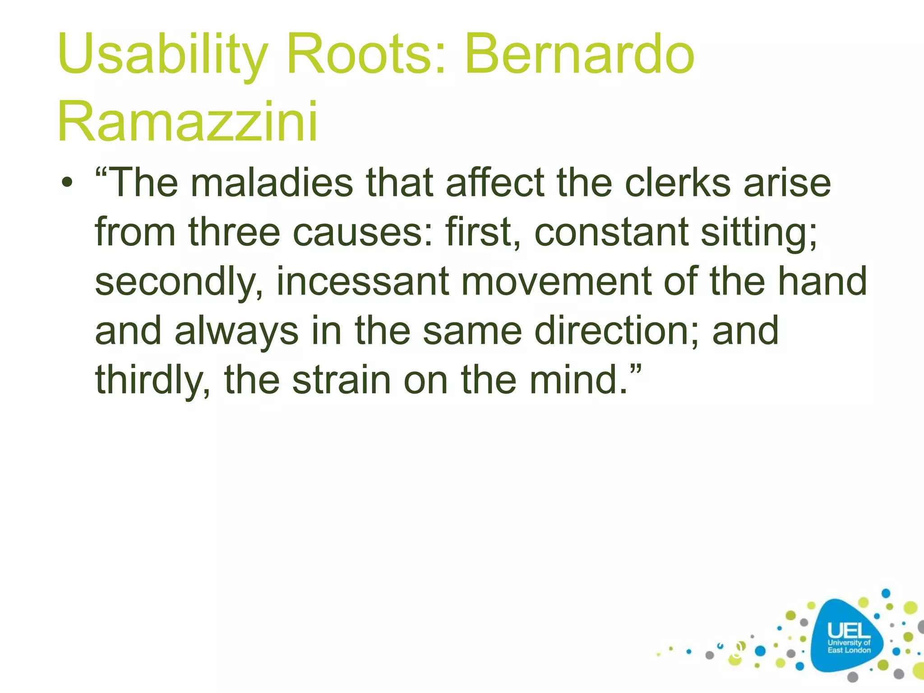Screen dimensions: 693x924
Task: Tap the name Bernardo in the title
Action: click(579, 55)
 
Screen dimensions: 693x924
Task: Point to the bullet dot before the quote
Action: click(67, 184)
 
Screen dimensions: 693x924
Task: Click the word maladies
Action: click(272, 183)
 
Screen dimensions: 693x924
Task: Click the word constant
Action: click(611, 232)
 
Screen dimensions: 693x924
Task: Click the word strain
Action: click(341, 380)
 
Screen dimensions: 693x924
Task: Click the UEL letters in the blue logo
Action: click(849, 631)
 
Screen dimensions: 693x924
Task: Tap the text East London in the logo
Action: click(849, 650)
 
